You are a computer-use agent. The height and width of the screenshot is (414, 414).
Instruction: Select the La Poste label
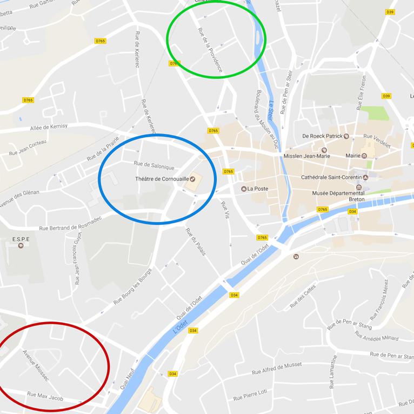(258, 189)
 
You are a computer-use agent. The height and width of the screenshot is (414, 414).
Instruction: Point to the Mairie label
(352, 156)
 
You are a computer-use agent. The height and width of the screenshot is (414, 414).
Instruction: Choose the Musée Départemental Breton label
(338, 196)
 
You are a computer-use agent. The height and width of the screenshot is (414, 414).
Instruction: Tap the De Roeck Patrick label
(322, 136)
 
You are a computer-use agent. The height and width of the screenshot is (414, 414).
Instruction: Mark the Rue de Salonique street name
(153, 165)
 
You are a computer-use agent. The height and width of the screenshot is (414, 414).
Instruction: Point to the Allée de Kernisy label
(49, 126)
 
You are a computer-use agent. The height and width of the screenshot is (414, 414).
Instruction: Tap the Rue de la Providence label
(210, 50)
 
